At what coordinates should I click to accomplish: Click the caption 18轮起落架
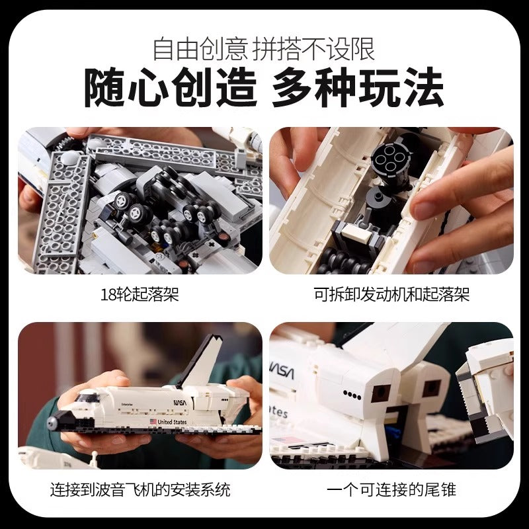coord(140,294)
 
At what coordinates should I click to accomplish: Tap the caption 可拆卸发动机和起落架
coord(391,294)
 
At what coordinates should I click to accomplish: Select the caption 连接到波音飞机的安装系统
coord(140,489)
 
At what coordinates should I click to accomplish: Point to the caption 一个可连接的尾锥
coord(391,489)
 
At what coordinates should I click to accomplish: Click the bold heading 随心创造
coord(171,87)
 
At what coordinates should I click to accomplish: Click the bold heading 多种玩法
coord(358,87)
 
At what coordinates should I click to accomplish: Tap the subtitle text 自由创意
coord(200,49)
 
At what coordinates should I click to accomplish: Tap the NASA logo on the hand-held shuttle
coord(180,402)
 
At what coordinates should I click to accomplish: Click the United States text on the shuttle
coord(172,422)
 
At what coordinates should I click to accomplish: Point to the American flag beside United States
coord(153,421)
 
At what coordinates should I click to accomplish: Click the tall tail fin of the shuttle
coord(202,361)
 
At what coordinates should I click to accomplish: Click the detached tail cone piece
coord(486,391)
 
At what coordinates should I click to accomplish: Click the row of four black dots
coord(352,395)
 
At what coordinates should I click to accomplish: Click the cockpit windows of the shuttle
coord(86,396)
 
